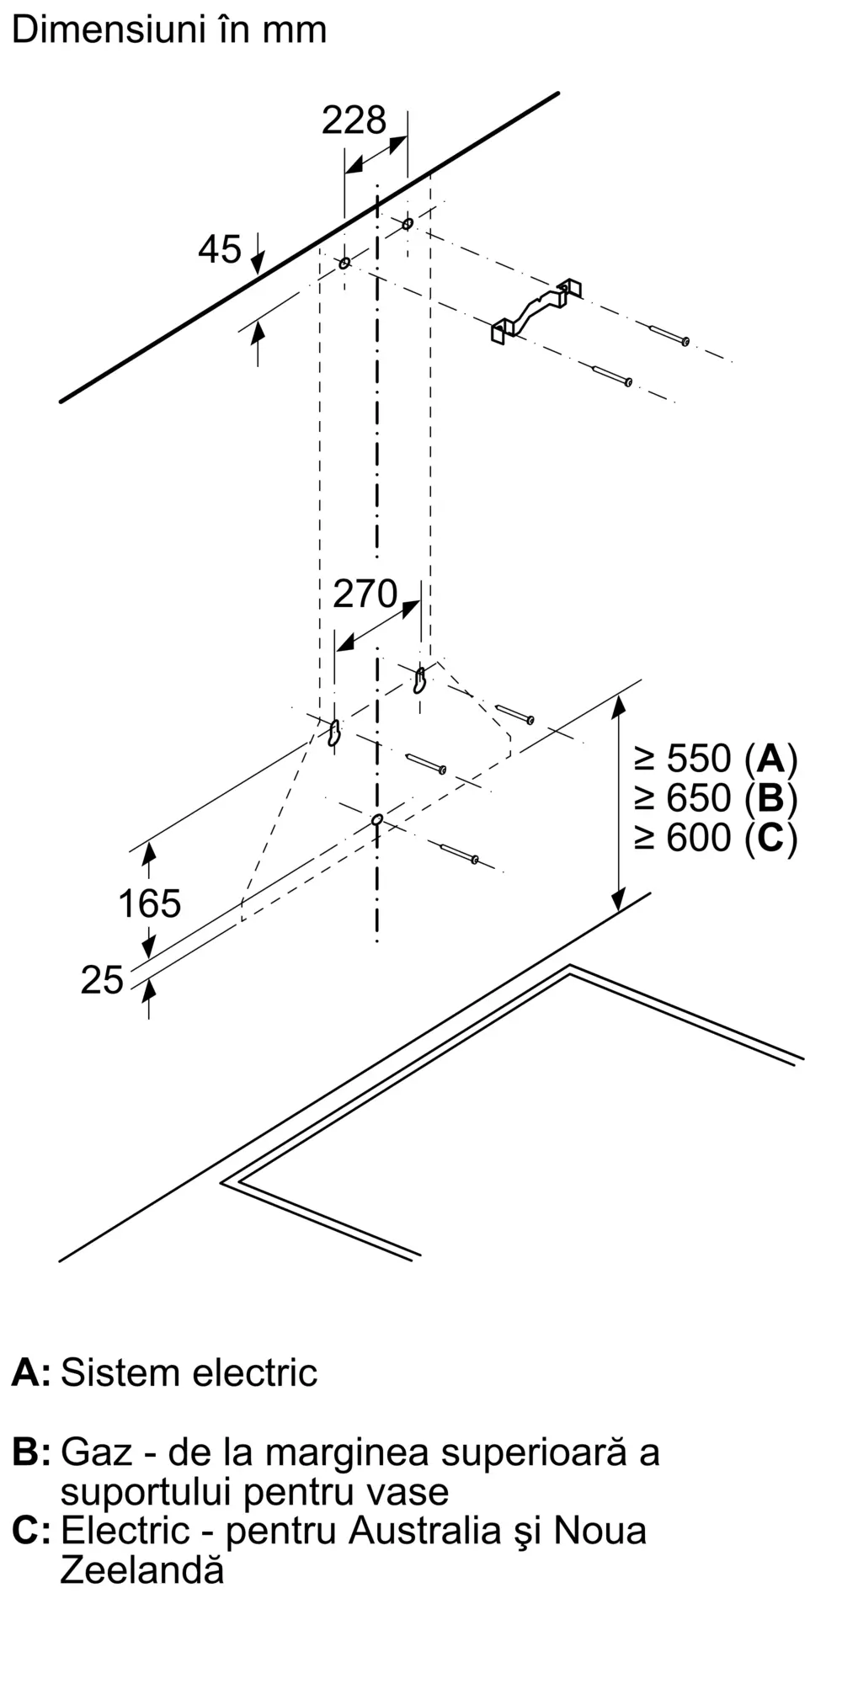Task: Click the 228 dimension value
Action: pos(354,120)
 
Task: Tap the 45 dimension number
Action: pos(220,249)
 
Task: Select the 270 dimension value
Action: pos(365,594)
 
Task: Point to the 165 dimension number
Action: pos(150,903)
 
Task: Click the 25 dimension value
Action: pos(102,980)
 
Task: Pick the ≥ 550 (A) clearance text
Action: pos(716,759)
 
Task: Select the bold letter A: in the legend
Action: pos(31,1373)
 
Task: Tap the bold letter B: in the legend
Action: pos(31,1452)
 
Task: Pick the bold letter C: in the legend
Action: pos(31,1530)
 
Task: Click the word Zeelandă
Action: pos(142,1570)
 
